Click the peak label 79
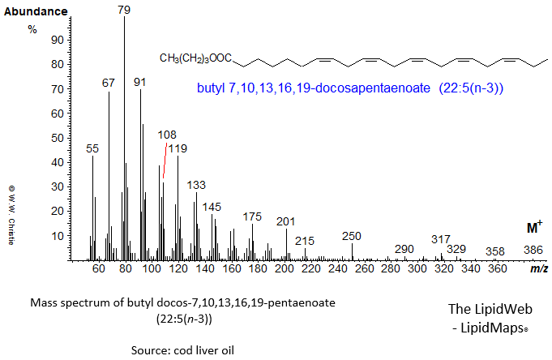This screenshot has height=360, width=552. point(124,10)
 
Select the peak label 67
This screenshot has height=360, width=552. point(109,83)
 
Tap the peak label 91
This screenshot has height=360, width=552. point(140,82)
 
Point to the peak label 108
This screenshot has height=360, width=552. point(167,135)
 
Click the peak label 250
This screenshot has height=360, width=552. point(351,236)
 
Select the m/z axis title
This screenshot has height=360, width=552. point(538,268)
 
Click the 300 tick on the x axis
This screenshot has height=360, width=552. point(417,268)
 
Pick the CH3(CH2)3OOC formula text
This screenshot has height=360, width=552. point(196,58)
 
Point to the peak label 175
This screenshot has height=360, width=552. point(252,216)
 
